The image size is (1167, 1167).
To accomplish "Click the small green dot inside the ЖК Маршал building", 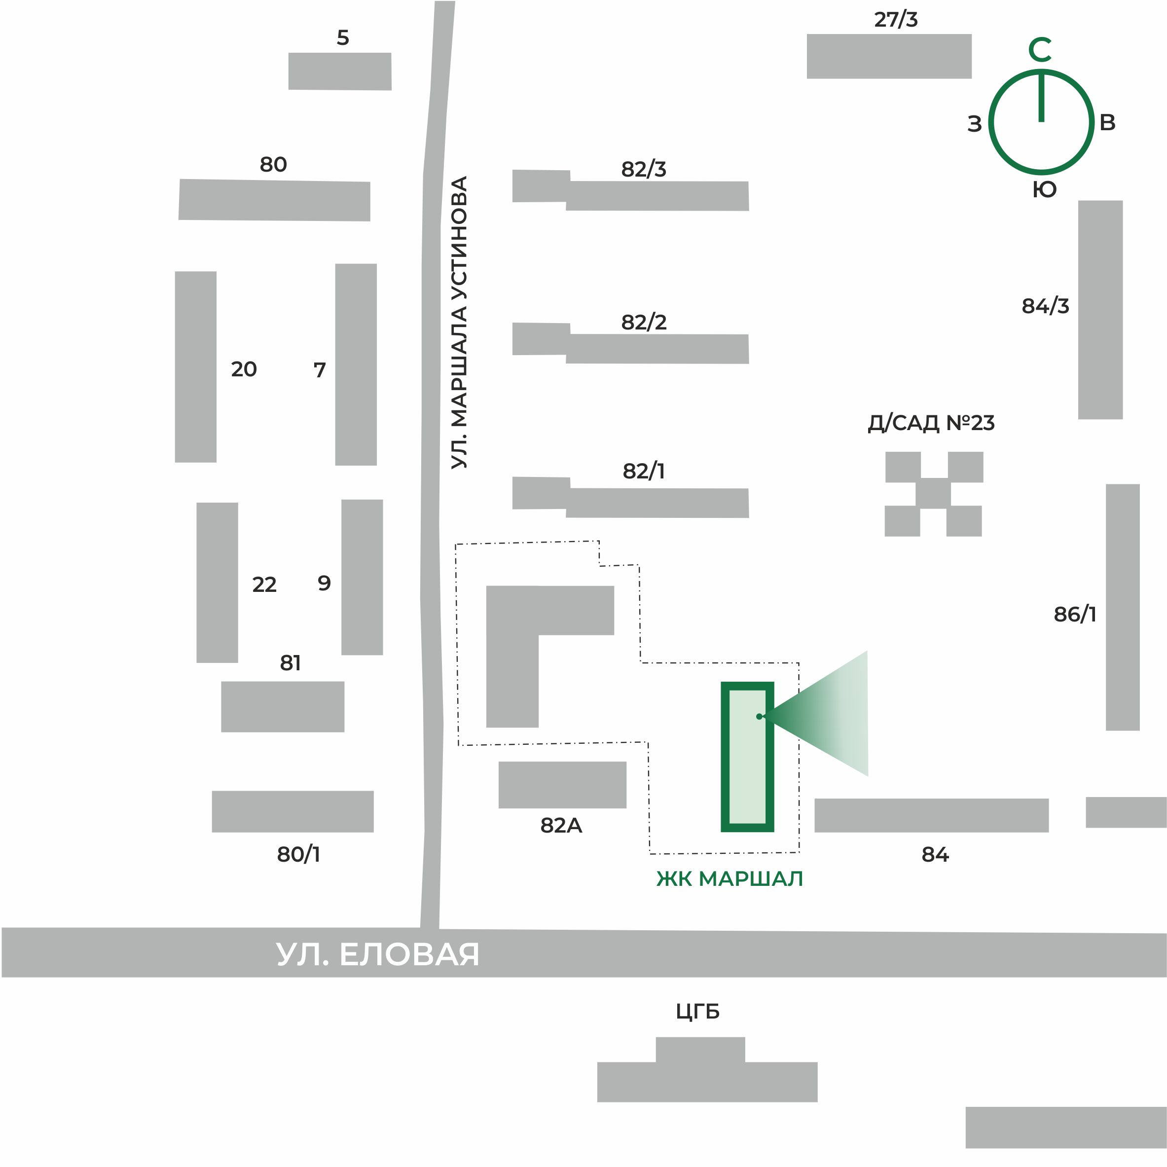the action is [x=759, y=716].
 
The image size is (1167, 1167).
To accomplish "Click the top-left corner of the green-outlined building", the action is [x=721, y=682].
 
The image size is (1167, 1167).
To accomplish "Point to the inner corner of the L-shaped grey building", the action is [x=538, y=635].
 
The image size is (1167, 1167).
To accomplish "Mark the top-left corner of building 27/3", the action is [x=807, y=35].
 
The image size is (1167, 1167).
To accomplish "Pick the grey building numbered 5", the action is [x=340, y=72].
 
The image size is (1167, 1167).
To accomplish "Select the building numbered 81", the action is [x=283, y=707].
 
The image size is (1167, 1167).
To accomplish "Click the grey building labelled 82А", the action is [x=562, y=785].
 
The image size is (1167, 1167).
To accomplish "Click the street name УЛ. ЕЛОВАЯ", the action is [x=377, y=955].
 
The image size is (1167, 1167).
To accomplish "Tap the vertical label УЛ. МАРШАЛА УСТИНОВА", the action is [x=460, y=322].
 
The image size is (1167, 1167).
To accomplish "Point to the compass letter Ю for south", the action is [x=1044, y=190].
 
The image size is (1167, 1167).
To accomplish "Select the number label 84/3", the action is [x=1046, y=306].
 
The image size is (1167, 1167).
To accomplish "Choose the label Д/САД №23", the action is [x=931, y=423].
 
